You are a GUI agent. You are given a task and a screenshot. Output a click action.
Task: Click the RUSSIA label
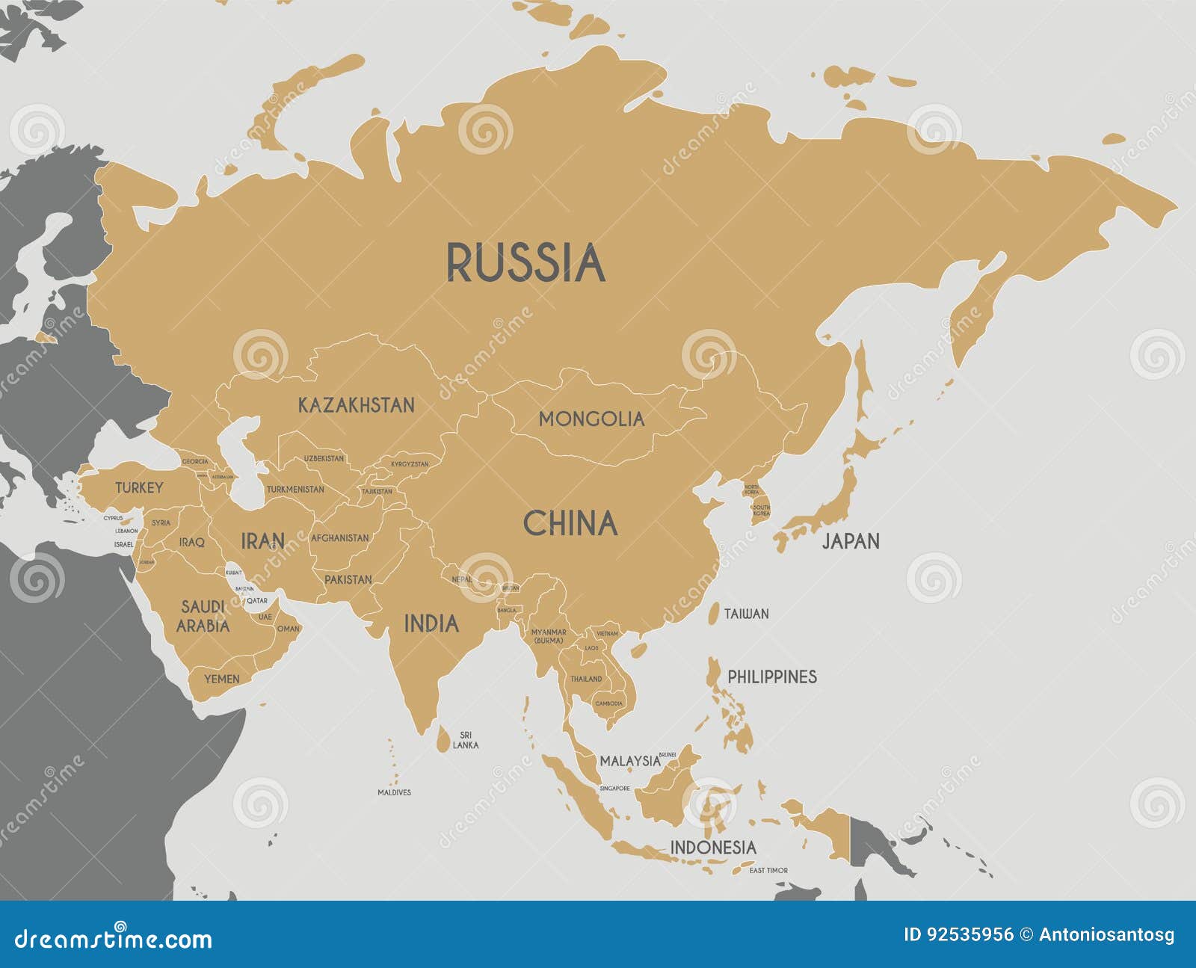tap(525, 262)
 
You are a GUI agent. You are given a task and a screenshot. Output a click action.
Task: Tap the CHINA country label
tap(570, 524)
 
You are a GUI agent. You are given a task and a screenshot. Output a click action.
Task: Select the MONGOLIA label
tap(591, 419)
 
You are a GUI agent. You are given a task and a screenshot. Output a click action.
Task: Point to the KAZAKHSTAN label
tap(356, 405)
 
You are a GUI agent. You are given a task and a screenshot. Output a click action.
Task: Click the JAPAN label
tap(851, 541)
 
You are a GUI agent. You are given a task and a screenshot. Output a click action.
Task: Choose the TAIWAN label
tap(746, 614)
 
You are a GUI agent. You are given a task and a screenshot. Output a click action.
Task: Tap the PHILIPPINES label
tap(772, 676)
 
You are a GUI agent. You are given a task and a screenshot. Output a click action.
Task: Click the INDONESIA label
tap(712, 847)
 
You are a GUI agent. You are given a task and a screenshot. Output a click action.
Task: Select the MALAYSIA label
tap(630, 761)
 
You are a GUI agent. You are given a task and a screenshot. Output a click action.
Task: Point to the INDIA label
tap(431, 623)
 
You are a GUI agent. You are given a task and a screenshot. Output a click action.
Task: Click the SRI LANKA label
tap(466, 740)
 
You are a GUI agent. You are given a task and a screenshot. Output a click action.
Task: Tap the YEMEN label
tap(222, 679)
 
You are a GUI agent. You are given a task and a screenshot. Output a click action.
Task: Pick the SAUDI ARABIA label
tap(203, 616)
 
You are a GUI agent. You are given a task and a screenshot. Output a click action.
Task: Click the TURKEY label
tap(139, 488)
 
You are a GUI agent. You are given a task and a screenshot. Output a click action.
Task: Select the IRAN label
tap(262, 540)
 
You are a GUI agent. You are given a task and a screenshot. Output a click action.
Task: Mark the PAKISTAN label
tap(348, 579)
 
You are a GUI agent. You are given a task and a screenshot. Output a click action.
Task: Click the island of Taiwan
tap(714, 613)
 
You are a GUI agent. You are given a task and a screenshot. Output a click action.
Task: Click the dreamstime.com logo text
tap(114, 939)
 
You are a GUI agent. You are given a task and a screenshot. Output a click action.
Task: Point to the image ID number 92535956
tap(970, 934)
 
